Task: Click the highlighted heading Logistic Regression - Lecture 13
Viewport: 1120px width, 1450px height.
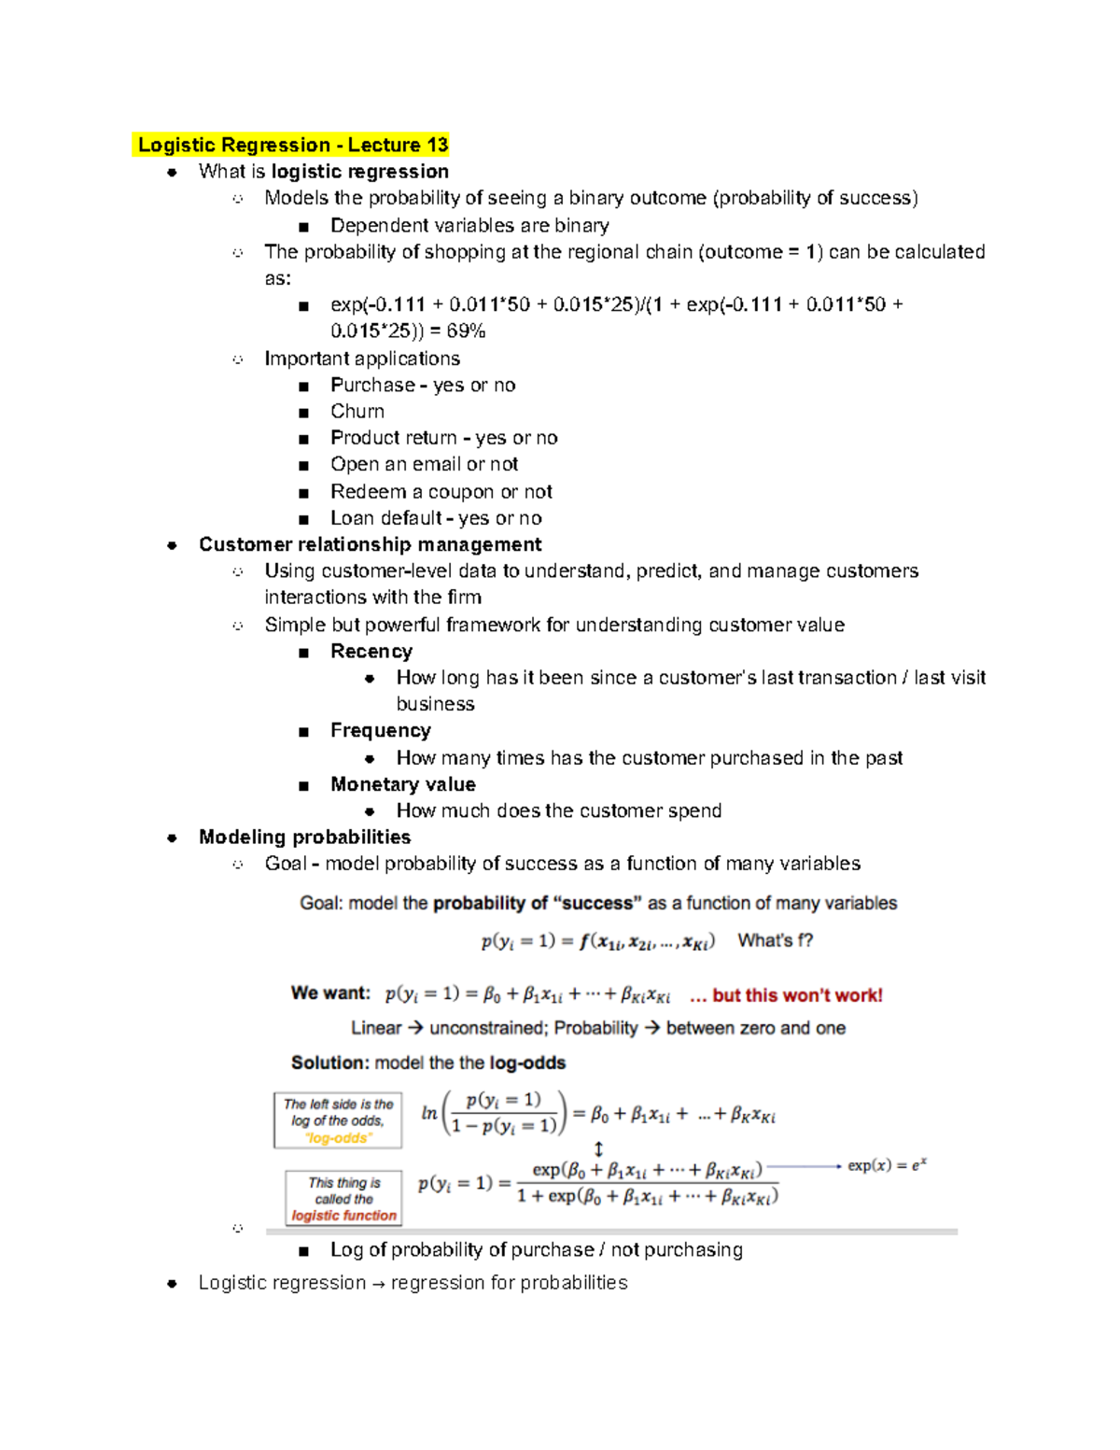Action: click(292, 145)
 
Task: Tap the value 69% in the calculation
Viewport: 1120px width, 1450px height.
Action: click(466, 331)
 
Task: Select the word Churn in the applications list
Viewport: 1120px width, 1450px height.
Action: click(357, 412)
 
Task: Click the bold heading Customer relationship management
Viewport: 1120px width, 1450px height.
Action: click(370, 544)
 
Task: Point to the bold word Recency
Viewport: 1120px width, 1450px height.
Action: click(371, 652)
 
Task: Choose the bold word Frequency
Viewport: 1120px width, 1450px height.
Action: click(380, 730)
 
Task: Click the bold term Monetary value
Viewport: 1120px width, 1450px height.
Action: click(402, 784)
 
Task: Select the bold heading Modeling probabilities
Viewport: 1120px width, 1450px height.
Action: click(304, 838)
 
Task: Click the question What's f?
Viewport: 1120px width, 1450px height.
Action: click(775, 941)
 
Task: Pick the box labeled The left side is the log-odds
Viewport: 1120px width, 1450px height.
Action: click(338, 1120)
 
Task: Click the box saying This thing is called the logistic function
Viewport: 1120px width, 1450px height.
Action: click(343, 1199)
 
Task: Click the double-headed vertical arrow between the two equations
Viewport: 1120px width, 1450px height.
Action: click(598, 1149)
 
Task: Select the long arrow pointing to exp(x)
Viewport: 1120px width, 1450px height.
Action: click(804, 1165)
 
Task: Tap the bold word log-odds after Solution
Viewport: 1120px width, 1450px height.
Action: click(527, 1063)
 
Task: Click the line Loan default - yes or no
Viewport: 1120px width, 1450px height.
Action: click(436, 518)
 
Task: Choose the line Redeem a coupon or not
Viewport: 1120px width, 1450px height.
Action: click(441, 492)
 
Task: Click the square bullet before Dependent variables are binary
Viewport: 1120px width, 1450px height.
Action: click(303, 227)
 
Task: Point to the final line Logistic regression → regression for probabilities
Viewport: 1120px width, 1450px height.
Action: click(413, 1283)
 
